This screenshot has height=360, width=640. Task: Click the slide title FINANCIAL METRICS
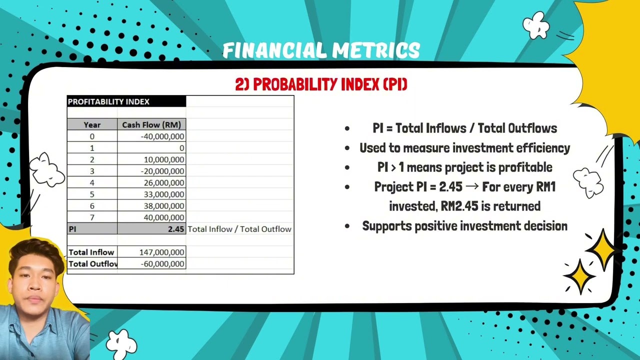pos(321,50)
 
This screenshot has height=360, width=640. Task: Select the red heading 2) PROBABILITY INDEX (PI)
pos(321,84)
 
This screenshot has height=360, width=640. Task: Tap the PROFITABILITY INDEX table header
pos(108,101)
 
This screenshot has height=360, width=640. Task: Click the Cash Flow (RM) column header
pos(151,125)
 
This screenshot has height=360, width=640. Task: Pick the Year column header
pos(92,125)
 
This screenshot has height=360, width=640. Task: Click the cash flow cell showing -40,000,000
pos(162,136)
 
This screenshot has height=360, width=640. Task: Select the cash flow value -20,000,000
pos(162,171)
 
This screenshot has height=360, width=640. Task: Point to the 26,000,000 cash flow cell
pos(164,183)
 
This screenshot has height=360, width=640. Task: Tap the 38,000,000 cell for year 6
pos(164,206)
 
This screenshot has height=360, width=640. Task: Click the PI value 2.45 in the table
pos(176,229)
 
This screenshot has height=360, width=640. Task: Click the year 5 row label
pos(92,194)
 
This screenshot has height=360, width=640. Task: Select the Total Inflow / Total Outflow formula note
pos(239,229)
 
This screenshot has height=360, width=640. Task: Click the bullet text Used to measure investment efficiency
pos(464,148)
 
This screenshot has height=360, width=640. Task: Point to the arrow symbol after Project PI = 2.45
pos(472,187)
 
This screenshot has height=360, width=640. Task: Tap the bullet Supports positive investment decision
pos(464,226)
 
